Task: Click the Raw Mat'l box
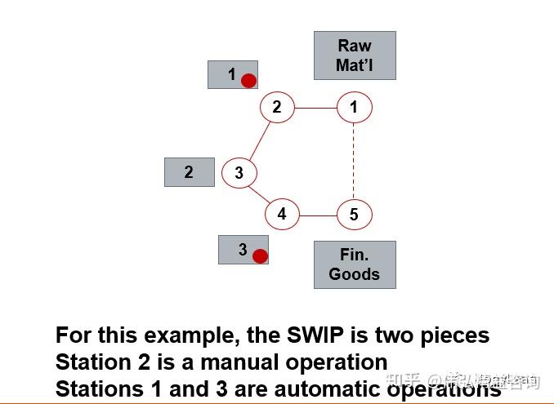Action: tap(355, 55)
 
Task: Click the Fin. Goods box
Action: tap(355, 264)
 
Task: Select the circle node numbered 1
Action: tap(354, 107)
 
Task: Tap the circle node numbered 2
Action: tap(277, 107)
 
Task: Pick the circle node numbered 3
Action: tap(239, 173)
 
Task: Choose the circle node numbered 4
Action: tap(282, 215)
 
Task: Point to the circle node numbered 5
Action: tap(354, 215)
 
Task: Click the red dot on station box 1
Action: tap(249, 80)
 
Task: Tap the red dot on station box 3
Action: tap(260, 256)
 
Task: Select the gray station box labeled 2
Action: tap(189, 172)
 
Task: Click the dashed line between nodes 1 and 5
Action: tap(354, 161)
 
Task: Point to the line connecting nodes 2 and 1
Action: tap(315, 107)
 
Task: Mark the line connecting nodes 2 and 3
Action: tap(258, 140)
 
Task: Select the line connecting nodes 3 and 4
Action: tap(260, 194)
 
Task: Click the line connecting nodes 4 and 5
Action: tap(318, 215)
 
